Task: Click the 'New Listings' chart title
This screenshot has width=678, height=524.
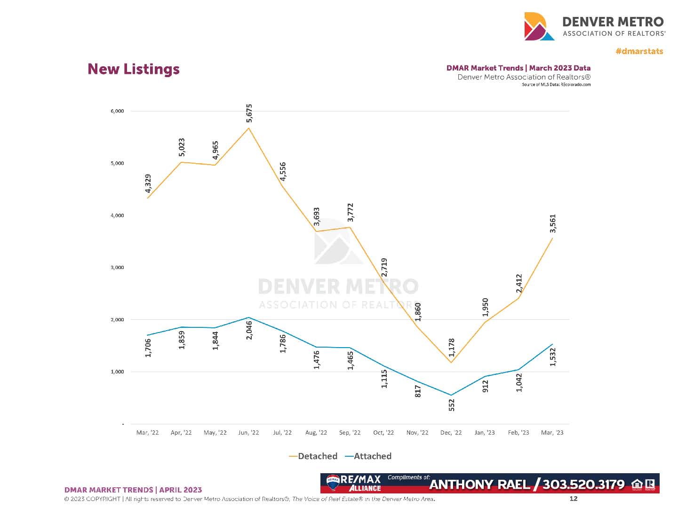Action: [x=134, y=69]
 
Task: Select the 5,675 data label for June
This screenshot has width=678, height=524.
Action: [x=249, y=113]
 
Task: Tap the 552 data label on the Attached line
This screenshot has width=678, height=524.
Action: [x=452, y=405]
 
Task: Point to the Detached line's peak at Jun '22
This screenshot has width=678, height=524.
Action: [x=249, y=128]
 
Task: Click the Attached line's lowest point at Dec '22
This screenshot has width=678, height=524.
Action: [x=451, y=395]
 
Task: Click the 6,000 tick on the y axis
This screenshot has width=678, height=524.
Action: [x=117, y=111]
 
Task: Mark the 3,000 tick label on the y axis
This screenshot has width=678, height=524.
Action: [x=117, y=268]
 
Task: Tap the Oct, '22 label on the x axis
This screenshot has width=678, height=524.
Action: [x=383, y=433]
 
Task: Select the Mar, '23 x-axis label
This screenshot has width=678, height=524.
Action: [x=552, y=433]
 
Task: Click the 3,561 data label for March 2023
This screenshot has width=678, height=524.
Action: [x=553, y=223]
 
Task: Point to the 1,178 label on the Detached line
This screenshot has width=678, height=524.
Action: [x=452, y=348]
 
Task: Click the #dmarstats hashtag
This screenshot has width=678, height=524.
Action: [x=639, y=51]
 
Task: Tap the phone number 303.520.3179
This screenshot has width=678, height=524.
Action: [x=583, y=484]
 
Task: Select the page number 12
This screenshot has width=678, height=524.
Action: [x=573, y=499]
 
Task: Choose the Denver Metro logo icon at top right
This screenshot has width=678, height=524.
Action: [x=539, y=26]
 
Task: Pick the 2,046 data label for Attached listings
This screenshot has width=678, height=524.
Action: [x=249, y=330]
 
